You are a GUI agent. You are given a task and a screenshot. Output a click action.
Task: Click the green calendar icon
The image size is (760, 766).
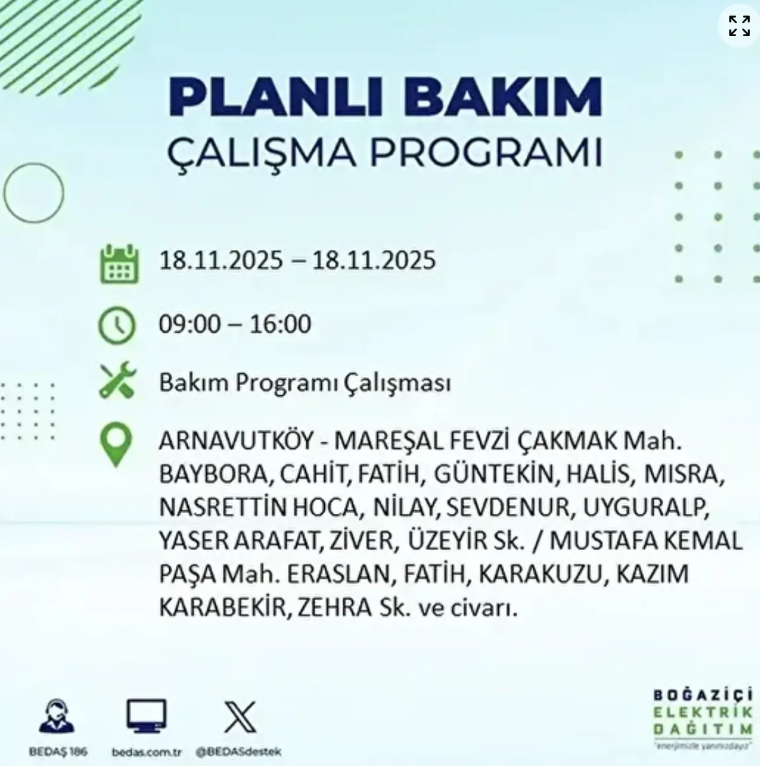[119, 263]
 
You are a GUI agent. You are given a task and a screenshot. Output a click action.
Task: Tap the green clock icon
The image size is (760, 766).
[117, 325]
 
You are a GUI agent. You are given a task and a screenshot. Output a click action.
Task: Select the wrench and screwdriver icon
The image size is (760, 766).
[117, 381]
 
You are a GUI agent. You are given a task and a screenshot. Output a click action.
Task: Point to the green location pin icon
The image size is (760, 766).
[116, 444]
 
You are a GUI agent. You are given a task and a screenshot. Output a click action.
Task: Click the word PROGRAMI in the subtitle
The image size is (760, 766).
[486, 153]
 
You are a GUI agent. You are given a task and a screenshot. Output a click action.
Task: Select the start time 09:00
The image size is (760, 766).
[189, 324]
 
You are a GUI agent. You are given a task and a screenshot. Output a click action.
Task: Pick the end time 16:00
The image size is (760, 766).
[280, 324]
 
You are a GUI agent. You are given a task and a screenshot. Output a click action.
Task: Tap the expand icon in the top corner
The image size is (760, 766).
[739, 26]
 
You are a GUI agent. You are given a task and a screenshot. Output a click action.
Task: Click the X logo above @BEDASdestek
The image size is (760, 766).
[240, 717]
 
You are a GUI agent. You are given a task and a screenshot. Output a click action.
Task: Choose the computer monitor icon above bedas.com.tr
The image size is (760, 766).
[146, 716]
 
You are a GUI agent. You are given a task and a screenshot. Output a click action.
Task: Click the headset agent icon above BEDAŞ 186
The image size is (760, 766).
[57, 716]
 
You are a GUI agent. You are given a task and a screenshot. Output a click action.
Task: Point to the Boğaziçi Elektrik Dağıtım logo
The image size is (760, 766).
[702, 719]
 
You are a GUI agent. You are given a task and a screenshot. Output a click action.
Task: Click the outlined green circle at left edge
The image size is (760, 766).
[33, 193]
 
